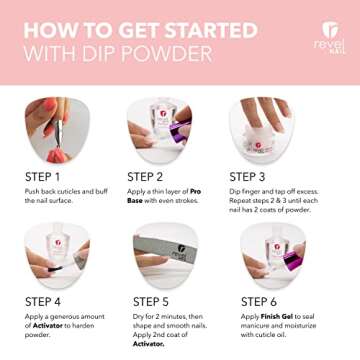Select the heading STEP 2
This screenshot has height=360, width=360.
click(154, 177)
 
